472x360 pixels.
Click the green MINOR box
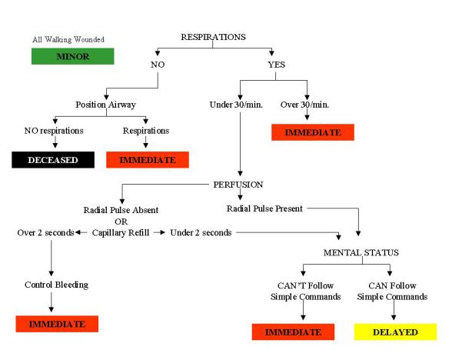pyautogui.click(x=72, y=56)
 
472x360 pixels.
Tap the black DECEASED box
pyautogui.click(x=53, y=160)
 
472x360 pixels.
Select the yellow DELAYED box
pyautogui.click(x=395, y=332)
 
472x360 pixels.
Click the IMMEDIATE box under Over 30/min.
pyautogui.click(x=312, y=132)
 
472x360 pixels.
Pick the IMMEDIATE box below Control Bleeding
pyautogui.click(x=56, y=324)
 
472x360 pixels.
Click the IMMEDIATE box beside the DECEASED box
pyautogui.click(x=147, y=160)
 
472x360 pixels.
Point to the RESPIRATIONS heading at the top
pyautogui.click(x=213, y=37)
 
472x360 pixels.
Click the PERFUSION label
pyautogui.click(x=238, y=185)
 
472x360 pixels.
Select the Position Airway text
pyautogui.click(x=106, y=105)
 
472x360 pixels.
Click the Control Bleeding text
pyautogui.click(x=56, y=285)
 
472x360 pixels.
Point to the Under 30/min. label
pyautogui.click(x=234, y=105)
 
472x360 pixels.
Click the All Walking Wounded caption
pyautogui.click(x=68, y=39)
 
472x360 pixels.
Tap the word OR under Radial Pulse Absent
pyautogui.click(x=121, y=220)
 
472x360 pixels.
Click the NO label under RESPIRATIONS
pyautogui.click(x=158, y=65)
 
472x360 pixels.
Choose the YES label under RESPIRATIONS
pyautogui.click(x=275, y=65)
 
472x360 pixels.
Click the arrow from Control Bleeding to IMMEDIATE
pyautogui.click(x=52, y=302)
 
